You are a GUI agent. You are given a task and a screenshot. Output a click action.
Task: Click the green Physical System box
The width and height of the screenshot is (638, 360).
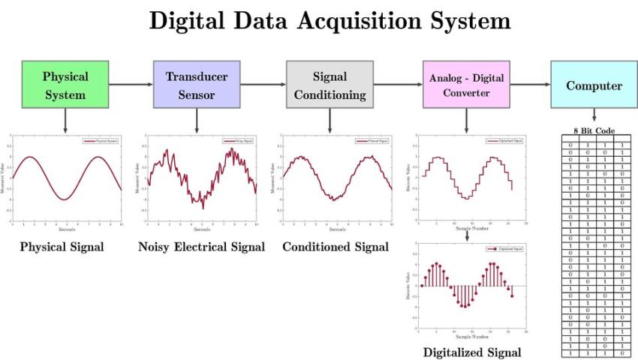click(x=65, y=85)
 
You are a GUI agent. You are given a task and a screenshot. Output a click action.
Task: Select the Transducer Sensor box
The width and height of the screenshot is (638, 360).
click(x=196, y=85)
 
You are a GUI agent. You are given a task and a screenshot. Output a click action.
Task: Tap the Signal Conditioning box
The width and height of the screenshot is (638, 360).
click(x=330, y=85)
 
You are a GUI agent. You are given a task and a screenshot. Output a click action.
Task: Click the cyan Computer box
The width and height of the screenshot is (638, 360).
click(x=594, y=85)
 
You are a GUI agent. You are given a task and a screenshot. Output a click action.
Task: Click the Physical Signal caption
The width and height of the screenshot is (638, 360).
click(x=62, y=247)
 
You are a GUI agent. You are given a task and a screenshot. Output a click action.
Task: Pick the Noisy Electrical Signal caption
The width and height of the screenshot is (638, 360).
click(x=201, y=247)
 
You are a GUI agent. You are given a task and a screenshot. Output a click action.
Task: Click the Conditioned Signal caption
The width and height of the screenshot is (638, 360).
click(x=336, y=247)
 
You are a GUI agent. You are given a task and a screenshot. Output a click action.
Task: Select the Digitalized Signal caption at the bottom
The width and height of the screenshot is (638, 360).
click(x=471, y=352)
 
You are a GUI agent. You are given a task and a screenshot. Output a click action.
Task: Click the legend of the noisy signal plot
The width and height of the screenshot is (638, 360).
click(x=239, y=140)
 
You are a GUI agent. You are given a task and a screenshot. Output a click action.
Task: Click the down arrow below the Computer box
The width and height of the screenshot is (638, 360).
click(x=594, y=115)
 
